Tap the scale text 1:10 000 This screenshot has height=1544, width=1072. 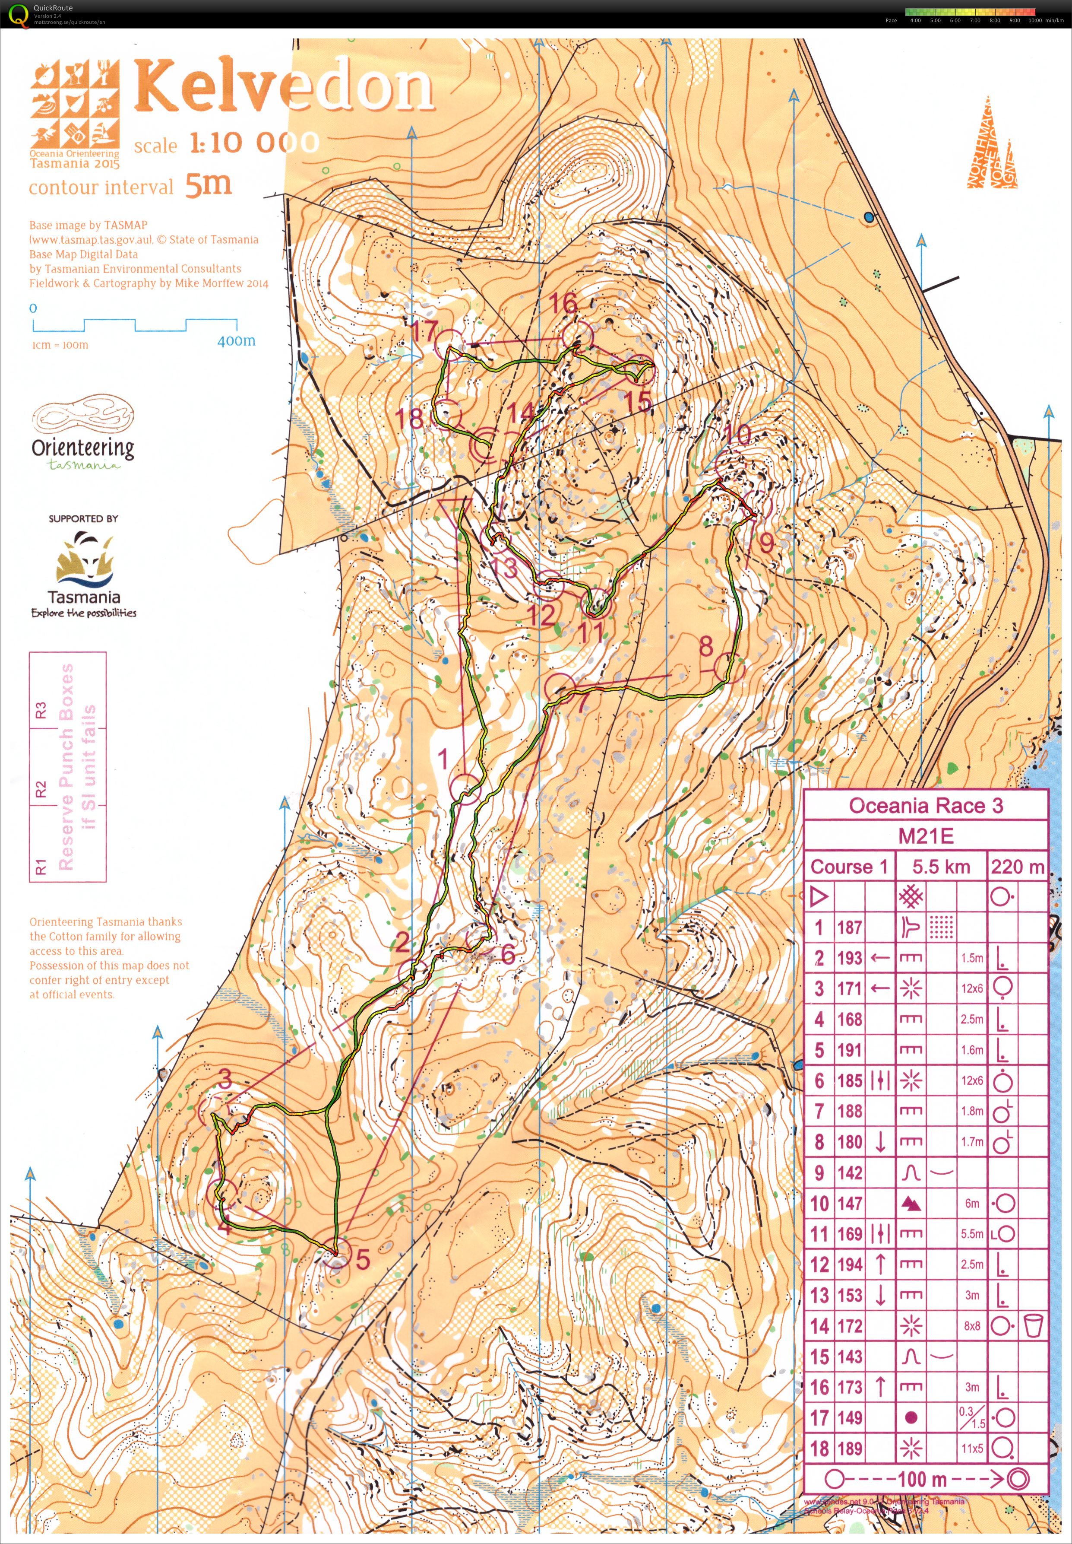254,143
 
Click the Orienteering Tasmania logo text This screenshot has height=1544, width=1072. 82,448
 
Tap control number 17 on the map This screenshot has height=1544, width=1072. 424,331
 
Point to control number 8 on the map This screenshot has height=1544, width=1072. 705,647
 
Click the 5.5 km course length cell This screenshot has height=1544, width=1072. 940,867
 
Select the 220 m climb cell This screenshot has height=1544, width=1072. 1017,867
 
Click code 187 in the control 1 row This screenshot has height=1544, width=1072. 849,928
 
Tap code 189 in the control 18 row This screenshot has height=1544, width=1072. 849,1449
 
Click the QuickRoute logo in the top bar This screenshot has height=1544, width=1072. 19,15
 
